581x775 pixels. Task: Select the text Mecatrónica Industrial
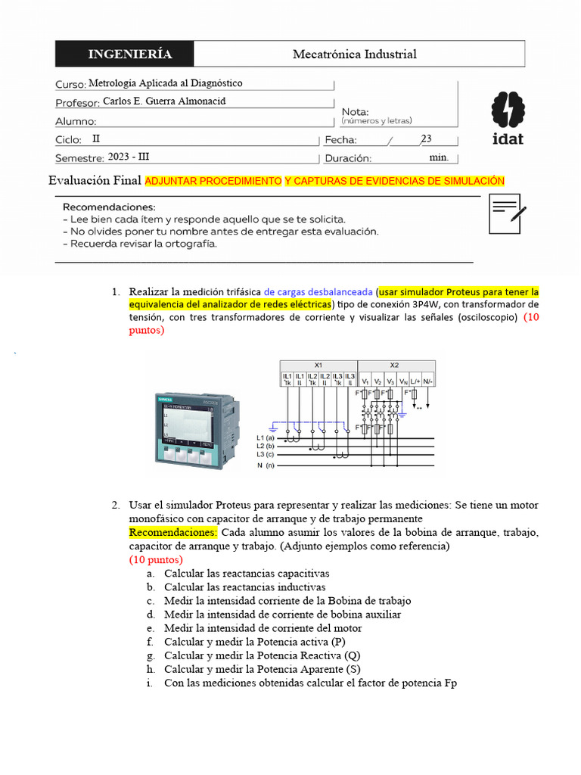(x=354, y=54)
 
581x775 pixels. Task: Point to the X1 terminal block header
(x=318, y=364)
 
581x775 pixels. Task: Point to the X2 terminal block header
(x=394, y=364)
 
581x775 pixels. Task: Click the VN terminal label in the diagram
(x=403, y=381)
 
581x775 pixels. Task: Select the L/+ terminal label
(x=415, y=381)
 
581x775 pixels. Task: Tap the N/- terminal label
(x=428, y=381)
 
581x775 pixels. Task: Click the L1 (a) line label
(x=266, y=437)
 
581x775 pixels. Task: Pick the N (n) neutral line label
(x=266, y=465)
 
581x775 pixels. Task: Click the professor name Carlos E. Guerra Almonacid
(x=164, y=101)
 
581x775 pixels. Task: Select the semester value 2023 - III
(x=129, y=157)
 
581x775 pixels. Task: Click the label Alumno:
(x=76, y=121)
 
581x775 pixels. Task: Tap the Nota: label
(x=356, y=111)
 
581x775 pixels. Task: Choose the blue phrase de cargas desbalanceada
(x=318, y=292)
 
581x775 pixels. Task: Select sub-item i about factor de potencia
(x=310, y=683)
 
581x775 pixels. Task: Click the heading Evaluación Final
(x=95, y=180)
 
